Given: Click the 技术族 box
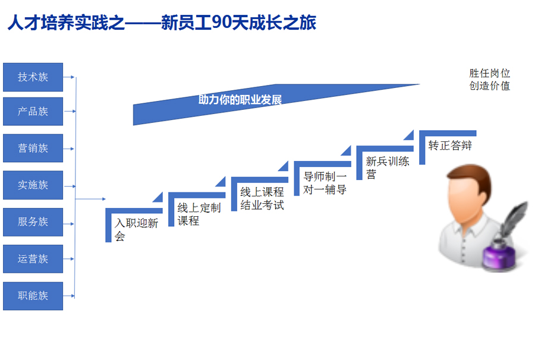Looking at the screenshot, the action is pos(33,77).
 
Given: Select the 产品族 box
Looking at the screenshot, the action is pos(33,112).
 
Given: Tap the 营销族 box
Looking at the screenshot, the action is pos(33,148).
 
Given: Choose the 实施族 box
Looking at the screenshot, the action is pos(33,185).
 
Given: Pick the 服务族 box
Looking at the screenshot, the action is pos(33,222).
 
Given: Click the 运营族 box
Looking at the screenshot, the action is pos(33,259).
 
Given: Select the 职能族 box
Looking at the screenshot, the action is pos(33,296).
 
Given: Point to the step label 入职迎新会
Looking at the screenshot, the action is pos(137,229).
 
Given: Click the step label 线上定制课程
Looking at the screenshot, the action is pos(199,214).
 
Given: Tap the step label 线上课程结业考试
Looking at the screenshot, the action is pos(262,198).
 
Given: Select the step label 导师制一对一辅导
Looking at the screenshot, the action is pos(325,183).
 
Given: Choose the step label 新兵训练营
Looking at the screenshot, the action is pos(388,168).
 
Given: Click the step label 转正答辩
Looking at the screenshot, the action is pos(450,146).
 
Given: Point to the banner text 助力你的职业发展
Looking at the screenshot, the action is pos(240,100).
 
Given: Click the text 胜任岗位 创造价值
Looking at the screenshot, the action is pos(490,80).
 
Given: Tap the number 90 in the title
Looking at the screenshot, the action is pos(222,23).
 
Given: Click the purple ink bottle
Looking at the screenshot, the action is pos(499,255).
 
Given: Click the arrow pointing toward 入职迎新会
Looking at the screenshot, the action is pos(90,199).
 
